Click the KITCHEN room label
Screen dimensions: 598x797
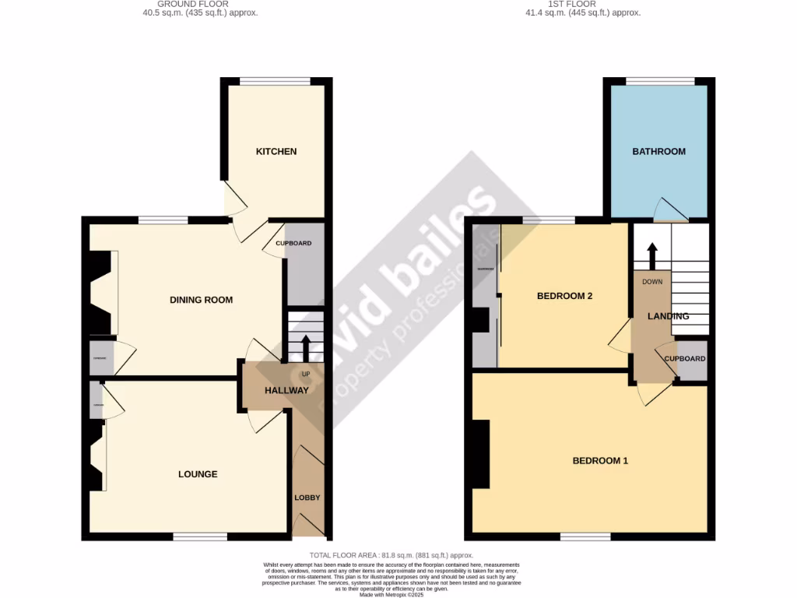coord(276,151)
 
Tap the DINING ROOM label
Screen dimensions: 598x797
coord(201,300)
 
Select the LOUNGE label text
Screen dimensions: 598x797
coord(198,474)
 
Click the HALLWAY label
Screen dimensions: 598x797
coord(286,390)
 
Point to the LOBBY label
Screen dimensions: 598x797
coord(307,498)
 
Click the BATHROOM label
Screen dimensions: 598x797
coord(658,151)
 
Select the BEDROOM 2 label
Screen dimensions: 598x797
coord(565,296)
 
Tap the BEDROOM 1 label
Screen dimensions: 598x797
coord(600,461)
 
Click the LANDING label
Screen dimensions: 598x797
coord(669,316)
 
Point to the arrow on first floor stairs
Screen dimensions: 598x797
coord(651,255)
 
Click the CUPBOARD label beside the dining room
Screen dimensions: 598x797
coord(293,244)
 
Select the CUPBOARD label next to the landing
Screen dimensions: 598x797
coord(685,359)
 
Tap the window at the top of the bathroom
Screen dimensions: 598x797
coord(661,80)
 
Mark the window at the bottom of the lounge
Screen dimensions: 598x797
coord(200,536)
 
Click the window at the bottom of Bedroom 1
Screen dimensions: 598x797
coord(585,536)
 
